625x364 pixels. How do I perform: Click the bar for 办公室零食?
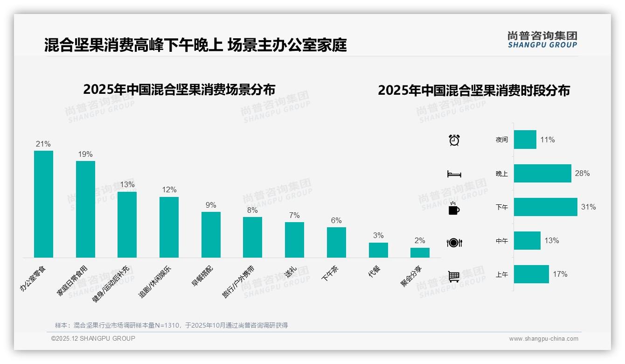[43, 204]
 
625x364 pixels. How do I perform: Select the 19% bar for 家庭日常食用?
[85, 209]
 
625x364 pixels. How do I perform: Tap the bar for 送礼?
[294, 239]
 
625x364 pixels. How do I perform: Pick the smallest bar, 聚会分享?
[420, 252]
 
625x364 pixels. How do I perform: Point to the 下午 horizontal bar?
[545, 207]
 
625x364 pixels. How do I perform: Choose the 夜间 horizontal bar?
[525, 140]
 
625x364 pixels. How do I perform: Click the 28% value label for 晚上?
[582, 174]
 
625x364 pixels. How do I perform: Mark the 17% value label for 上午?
[560, 274]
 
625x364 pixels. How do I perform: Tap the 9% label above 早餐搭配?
[211, 205]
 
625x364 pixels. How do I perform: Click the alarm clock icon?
[454, 140]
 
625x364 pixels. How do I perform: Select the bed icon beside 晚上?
[454, 174]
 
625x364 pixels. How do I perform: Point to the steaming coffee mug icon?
[454, 208]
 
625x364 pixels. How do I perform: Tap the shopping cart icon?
[454, 276]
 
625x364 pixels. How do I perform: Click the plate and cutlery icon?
[454, 242]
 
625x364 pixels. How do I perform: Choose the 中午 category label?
[502, 241]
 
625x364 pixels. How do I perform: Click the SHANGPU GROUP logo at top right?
[542, 40]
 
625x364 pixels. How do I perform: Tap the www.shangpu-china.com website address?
[543, 339]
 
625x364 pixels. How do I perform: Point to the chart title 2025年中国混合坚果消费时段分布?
[474, 91]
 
